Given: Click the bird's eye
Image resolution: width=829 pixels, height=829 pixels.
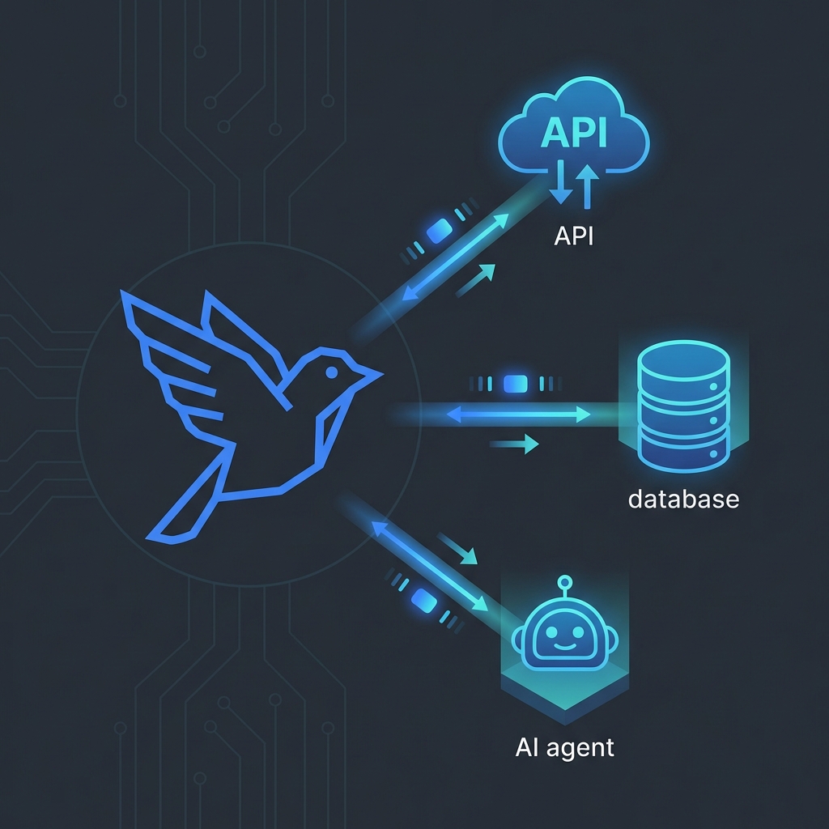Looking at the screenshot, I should (x=331, y=372).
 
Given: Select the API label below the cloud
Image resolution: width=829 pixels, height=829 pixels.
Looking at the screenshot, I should (x=573, y=237).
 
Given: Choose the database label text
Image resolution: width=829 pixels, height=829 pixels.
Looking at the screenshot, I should (x=683, y=498).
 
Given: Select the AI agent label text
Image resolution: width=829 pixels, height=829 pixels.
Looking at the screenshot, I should (x=565, y=746).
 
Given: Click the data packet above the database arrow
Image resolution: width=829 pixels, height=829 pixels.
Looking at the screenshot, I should (x=513, y=383).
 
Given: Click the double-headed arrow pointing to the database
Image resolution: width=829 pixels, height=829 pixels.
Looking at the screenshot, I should (x=519, y=414).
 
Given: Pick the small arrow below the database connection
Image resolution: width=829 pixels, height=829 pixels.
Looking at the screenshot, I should (x=516, y=444).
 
